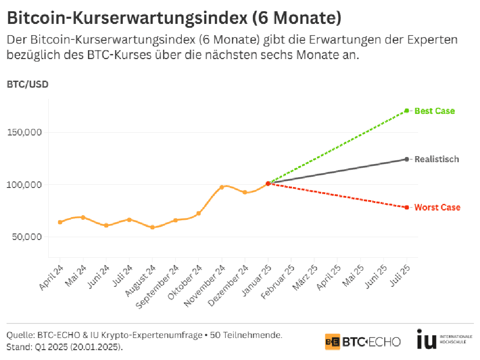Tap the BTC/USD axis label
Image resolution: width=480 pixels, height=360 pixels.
(x=28, y=85)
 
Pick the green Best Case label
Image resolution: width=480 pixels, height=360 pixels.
(x=435, y=111)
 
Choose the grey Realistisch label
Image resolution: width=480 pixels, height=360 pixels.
(x=436, y=159)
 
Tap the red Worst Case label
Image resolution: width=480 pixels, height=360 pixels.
(x=437, y=208)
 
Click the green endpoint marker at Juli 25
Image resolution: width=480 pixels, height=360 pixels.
(x=406, y=111)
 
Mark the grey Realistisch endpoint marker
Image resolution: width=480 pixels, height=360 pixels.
(x=406, y=159)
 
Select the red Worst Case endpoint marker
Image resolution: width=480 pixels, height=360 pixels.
(x=406, y=207)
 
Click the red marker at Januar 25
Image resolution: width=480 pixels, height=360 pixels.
(x=268, y=183)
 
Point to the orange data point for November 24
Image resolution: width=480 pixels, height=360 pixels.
(x=222, y=187)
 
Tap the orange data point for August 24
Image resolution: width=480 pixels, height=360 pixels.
(x=152, y=227)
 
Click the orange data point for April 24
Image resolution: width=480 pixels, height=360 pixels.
(x=60, y=222)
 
